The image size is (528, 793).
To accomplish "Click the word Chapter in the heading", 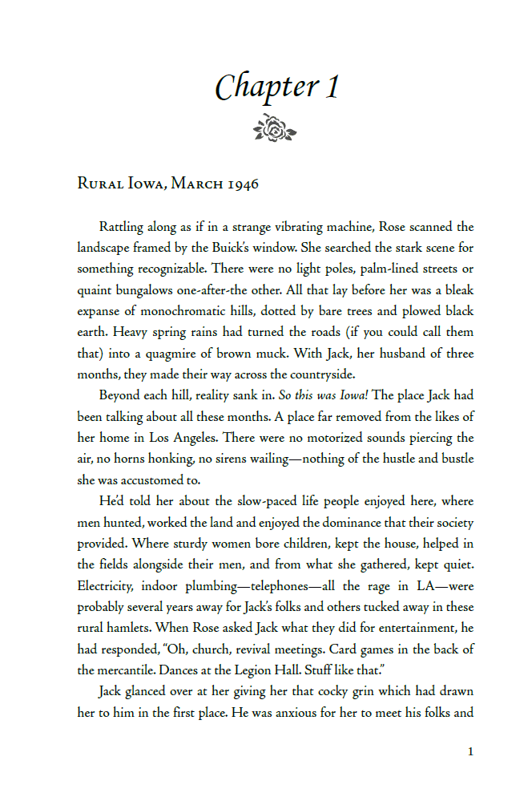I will click(x=255, y=87).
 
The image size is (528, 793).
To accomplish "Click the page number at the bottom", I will click(x=470, y=751).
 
